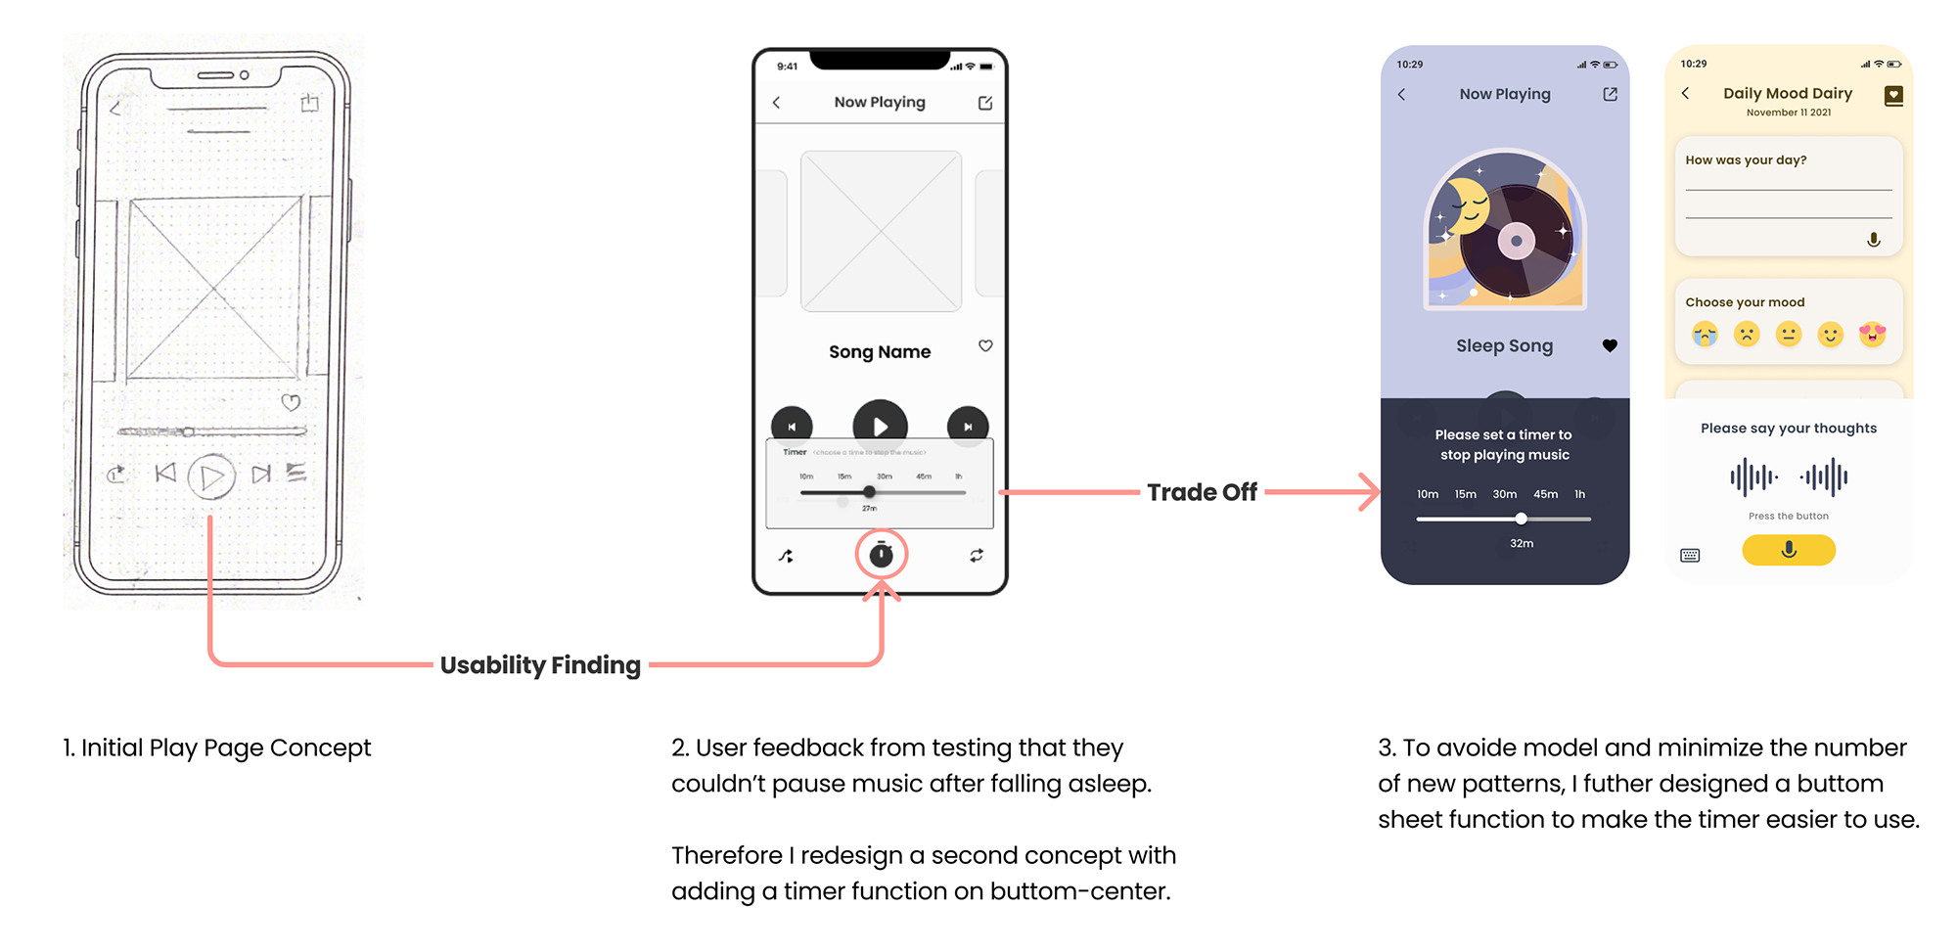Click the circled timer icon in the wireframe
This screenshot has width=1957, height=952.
(881, 555)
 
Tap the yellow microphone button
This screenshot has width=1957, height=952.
(1788, 550)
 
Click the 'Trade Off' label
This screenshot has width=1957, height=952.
(1202, 492)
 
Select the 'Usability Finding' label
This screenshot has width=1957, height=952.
(540, 665)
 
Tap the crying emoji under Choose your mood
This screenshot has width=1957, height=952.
(1705, 335)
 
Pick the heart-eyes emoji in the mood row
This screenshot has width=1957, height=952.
(1872, 335)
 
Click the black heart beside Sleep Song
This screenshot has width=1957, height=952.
(1610, 345)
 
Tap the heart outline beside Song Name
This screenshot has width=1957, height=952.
(985, 345)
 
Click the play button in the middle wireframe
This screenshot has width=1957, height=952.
(880, 426)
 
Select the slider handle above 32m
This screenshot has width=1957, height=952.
(1521, 519)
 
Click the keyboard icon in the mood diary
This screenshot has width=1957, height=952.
(1690, 556)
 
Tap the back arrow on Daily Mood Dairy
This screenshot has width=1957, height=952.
(1685, 93)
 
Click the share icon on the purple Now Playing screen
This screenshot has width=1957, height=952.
(1610, 94)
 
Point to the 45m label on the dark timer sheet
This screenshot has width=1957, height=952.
(1545, 494)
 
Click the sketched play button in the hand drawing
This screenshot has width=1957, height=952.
(211, 477)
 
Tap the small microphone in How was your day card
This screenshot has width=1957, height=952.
(1873, 240)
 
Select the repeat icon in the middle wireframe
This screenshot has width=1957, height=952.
(976, 556)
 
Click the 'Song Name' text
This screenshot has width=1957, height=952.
(880, 352)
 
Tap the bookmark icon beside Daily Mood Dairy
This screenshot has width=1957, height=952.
(1893, 96)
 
